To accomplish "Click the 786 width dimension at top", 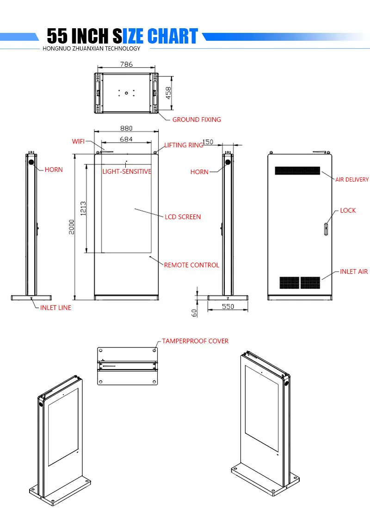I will [126, 64].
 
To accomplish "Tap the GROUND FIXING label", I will [197, 120].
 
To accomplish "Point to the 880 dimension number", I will [126, 128].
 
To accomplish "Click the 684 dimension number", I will [126, 139].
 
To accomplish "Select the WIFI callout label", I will [78, 141].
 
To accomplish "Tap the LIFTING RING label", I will [184, 145].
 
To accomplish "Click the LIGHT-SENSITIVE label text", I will [127, 171].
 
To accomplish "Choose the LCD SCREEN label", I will [183, 217].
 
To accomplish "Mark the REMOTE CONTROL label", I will [191, 265].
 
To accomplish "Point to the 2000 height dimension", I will [72, 227].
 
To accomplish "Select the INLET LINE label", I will [55, 308].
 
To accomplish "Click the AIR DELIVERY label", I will [352, 179].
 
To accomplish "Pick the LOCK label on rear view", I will [348, 210].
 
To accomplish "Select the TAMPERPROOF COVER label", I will [195, 341].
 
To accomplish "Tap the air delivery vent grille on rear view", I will [297, 170].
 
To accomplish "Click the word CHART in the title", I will [172, 37].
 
